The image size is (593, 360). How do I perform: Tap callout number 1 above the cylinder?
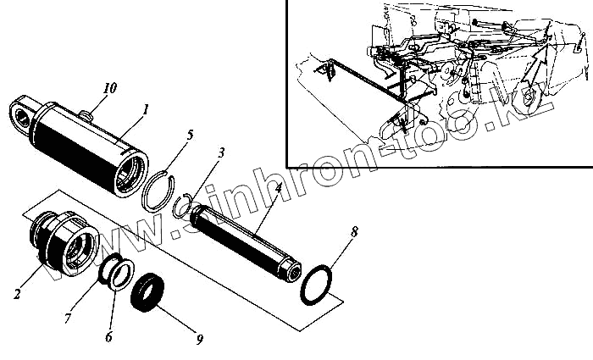coord(146,109)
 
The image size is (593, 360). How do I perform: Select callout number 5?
coord(191,135)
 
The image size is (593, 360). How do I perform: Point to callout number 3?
coord(220,153)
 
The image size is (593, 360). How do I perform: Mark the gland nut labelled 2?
coord(59,245)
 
